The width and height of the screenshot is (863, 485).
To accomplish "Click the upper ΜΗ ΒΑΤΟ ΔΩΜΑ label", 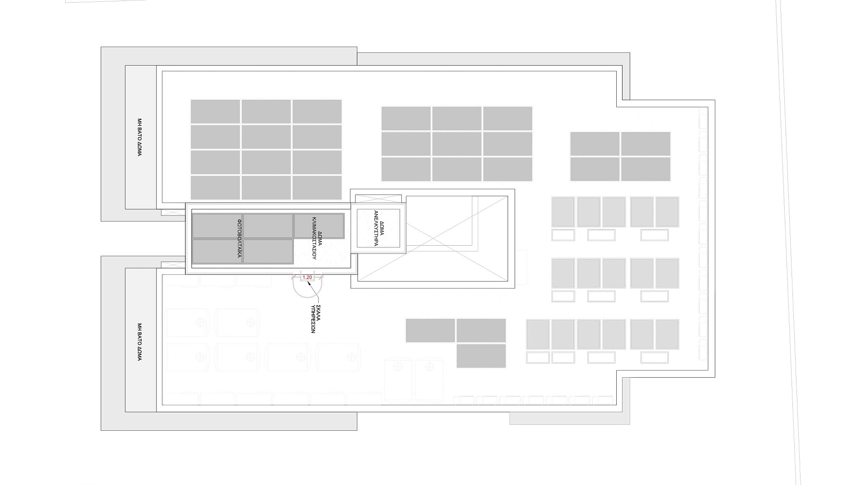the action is tap(139, 137).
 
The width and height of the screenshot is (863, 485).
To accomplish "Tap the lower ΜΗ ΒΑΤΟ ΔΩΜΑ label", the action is tap(139, 342).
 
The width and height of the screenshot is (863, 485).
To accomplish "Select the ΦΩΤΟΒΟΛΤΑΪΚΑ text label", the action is tap(240, 238).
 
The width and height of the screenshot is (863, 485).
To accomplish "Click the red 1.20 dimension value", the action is tap(307, 278).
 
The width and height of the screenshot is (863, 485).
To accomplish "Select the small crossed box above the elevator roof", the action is tap(378, 199).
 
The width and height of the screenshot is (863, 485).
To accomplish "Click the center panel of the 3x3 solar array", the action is tap(457, 144).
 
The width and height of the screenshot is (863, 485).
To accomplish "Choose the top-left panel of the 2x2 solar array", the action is tap(595, 144).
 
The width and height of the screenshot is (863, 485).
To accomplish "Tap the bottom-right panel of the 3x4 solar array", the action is tap(317, 188).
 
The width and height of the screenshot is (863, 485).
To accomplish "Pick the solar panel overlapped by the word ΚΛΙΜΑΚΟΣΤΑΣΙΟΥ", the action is tap(319, 226).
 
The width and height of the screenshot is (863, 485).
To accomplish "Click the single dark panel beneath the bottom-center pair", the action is tap(481, 356).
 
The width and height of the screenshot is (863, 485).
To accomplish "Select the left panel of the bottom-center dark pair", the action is tap(430, 331).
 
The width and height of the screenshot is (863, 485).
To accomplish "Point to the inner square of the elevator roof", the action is tap(378, 228).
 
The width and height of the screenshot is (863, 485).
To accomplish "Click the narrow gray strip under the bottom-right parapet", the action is tap(569, 419).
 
